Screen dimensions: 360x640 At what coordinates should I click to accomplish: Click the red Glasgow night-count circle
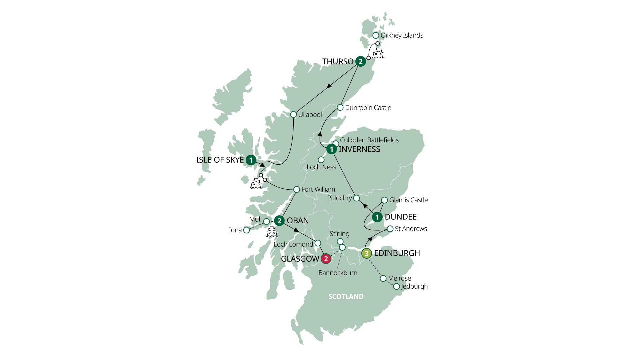326,259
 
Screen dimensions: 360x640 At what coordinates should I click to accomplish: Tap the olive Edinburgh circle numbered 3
366,253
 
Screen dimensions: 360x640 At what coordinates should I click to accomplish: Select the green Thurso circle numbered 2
360,61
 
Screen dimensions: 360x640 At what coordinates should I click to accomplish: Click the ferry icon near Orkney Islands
378,53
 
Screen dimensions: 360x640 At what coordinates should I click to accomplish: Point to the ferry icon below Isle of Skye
256,184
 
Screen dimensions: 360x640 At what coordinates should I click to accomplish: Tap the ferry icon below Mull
272,232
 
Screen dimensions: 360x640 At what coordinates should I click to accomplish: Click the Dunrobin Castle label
368,108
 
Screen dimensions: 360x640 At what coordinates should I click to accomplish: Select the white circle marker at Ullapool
293,115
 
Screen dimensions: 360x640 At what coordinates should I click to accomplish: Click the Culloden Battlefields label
369,140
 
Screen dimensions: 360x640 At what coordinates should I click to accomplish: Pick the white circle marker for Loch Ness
321,160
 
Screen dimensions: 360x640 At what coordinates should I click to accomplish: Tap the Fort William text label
318,189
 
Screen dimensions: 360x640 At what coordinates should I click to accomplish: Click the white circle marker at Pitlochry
356,198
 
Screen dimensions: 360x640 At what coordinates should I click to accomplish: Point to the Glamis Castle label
408,200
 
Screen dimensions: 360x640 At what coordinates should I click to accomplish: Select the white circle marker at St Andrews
390,229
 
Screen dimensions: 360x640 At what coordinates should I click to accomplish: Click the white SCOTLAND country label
346,297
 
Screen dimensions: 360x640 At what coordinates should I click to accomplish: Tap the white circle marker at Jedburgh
396,287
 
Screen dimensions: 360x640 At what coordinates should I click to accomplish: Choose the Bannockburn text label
338,273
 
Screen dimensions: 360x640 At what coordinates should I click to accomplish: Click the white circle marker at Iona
246,230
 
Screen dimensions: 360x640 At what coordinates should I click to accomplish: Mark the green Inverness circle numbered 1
331,149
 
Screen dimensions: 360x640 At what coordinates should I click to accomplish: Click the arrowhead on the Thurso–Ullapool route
329,86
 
